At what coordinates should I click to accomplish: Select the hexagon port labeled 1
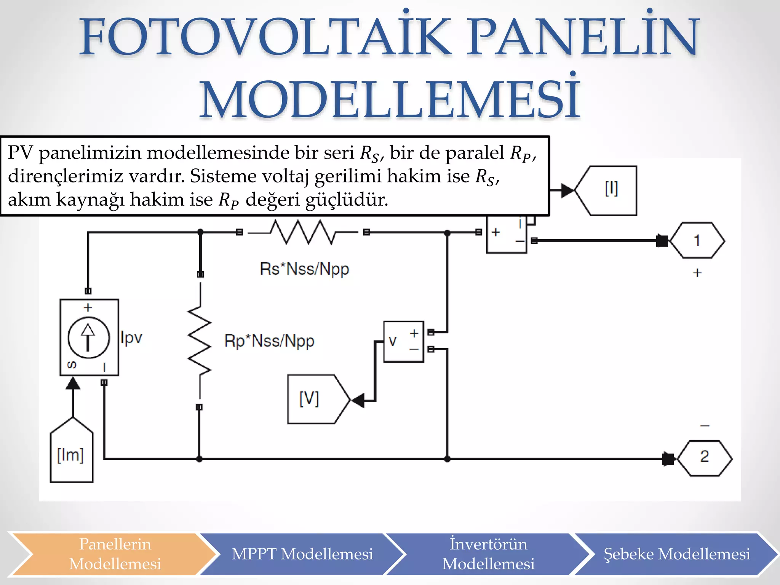point(697,241)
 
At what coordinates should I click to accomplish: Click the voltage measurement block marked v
point(403,341)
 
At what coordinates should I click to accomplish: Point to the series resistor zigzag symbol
point(303,232)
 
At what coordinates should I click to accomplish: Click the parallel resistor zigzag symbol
point(199,341)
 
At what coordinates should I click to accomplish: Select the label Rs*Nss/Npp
point(304,269)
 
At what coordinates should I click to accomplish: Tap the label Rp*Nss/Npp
point(269,341)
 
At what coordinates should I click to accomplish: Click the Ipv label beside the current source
point(131,338)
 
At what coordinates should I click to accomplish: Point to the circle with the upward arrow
point(88,337)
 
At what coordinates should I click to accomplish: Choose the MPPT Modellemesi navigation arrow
point(302,554)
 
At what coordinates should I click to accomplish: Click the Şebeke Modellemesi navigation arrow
point(677,554)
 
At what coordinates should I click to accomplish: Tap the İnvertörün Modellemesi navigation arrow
point(488,554)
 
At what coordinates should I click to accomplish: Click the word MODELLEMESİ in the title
point(390,100)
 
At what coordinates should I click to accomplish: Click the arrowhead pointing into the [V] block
point(358,400)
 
